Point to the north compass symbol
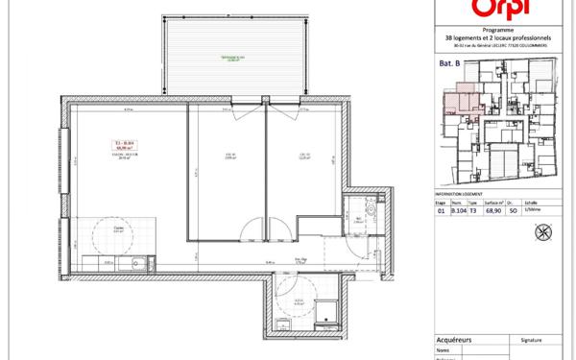548,231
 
